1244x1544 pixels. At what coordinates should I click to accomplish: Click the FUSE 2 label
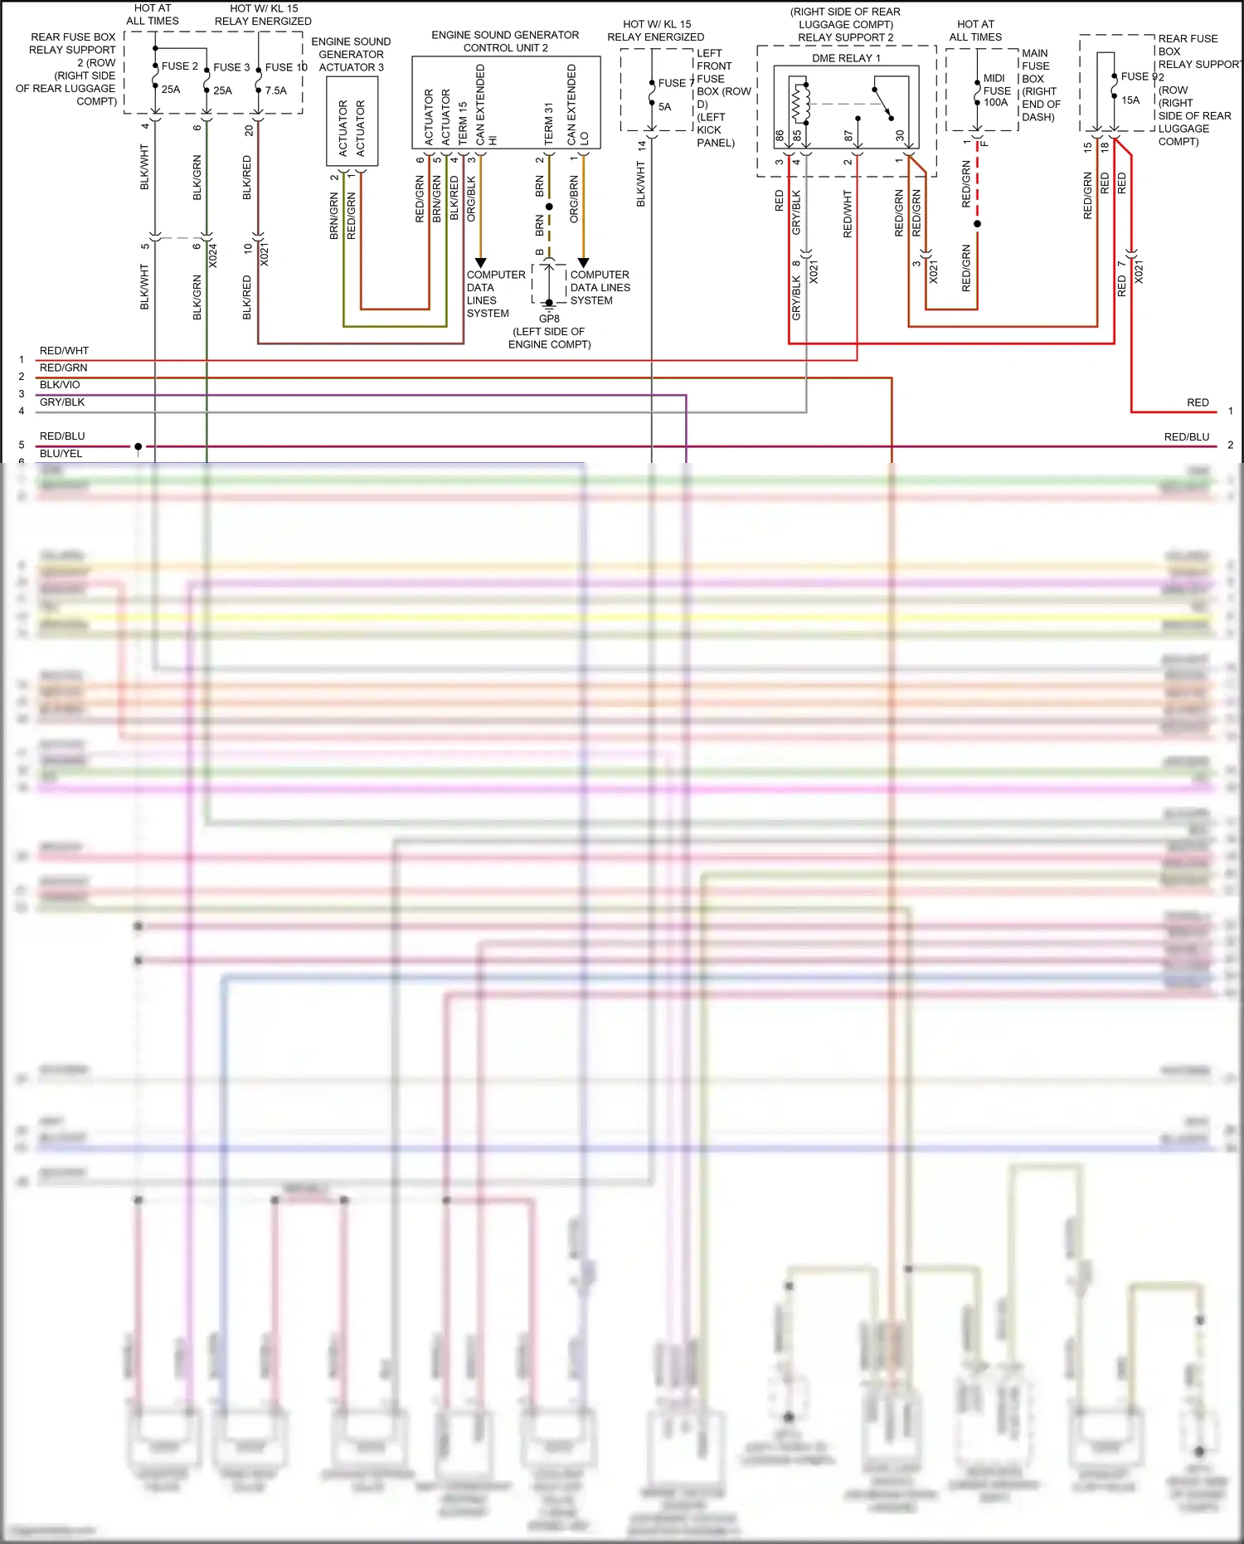click(179, 66)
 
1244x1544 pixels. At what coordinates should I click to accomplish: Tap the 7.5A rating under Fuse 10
click(275, 90)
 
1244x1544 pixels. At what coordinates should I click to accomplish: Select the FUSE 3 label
click(231, 67)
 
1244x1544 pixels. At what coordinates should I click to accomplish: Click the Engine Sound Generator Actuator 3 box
click(352, 121)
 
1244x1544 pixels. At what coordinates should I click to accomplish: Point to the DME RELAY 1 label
click(846, 58)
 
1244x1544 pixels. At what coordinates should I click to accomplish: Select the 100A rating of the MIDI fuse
click(995, 103)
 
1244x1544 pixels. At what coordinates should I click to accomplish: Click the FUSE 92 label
click(1142, 76)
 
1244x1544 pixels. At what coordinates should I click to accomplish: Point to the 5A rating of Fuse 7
click(664, 107)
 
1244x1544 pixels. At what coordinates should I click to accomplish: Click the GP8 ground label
click(549, 319)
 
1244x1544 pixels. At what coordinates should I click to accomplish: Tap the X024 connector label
click(213, 256)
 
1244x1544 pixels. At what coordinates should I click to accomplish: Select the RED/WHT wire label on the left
click(64, 351)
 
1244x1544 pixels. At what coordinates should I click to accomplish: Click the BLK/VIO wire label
click(60, 385)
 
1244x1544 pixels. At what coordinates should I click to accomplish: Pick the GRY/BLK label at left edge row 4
click(62, 402)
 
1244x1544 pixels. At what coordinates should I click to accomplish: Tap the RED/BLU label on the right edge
click(1186, 437)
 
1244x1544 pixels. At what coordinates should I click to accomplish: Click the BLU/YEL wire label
click(61, 454)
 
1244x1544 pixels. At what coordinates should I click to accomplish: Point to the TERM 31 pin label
click(548, 124)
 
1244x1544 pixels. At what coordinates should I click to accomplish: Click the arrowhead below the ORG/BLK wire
click(480, 263)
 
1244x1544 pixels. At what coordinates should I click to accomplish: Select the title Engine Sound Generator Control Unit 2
click(505, 41)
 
